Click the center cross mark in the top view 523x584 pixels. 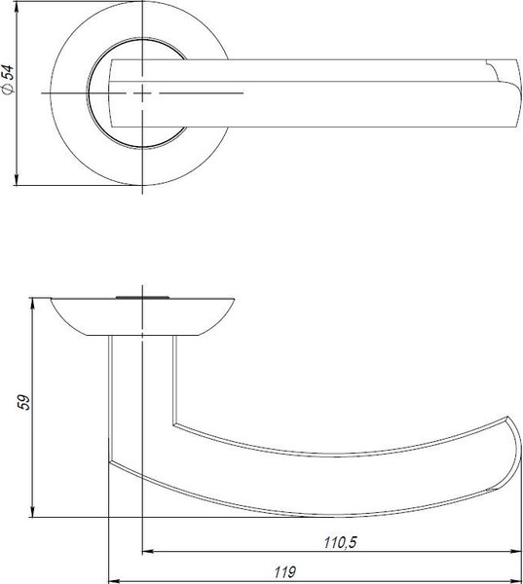coord(144,92)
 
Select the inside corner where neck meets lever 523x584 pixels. coord(174,424)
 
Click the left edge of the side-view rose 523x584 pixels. coord(47,297)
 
